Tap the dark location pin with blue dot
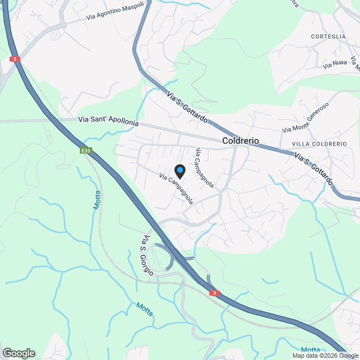coord(179,170)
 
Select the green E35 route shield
coord(85,151)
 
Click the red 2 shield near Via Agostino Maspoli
coord(15,58)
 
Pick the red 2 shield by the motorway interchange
coord(214,292)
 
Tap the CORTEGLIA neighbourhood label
coord(328,37)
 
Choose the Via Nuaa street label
coord(335,65)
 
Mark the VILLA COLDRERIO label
coord(319,144)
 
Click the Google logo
coord(18,353)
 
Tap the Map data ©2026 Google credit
coord(325,355)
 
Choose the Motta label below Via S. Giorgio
coord(145,309)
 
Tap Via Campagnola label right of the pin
coord(204,167)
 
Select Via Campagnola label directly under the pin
coord(177,188)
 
